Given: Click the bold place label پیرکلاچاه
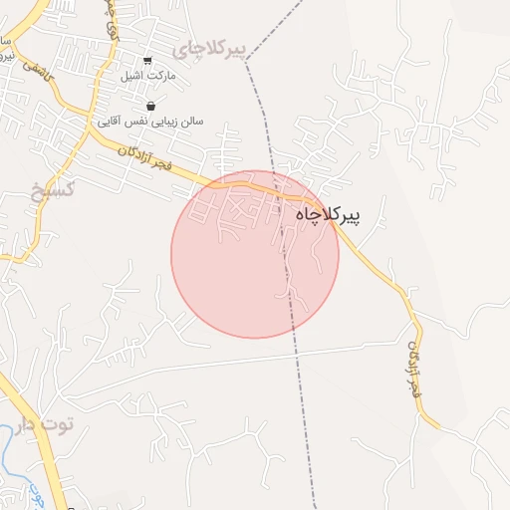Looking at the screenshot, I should [x=328, y=214].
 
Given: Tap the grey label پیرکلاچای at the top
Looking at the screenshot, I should [x=207, y=49].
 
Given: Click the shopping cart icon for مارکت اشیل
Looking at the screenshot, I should [x=148, y=61].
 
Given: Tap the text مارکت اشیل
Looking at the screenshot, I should [x=147, y=76].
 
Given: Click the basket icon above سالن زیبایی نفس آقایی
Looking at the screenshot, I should [x=150, y=106].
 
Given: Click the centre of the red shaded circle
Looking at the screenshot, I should [x=255, y=254].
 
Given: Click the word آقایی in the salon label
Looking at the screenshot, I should [x=110, y=121].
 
